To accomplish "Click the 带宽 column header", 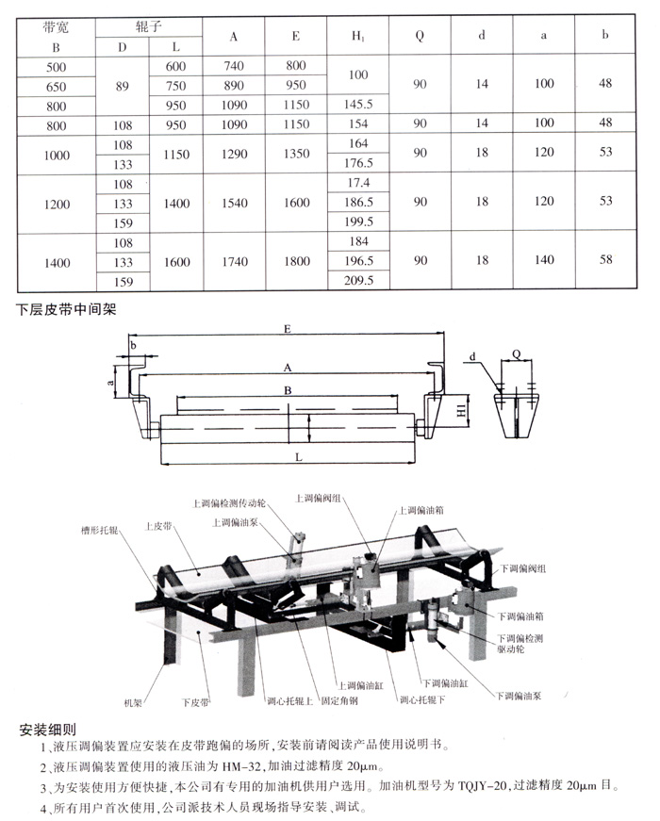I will click(x=55, y=27).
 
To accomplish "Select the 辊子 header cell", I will click(x=149, y=27).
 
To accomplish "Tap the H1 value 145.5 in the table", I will click(x=359, y=105).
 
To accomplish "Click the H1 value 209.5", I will click(x=359, y=280).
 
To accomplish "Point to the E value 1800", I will click(x=295, y=262).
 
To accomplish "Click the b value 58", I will click(x=605, y=262).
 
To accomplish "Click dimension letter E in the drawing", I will click(x=286, y=329).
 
